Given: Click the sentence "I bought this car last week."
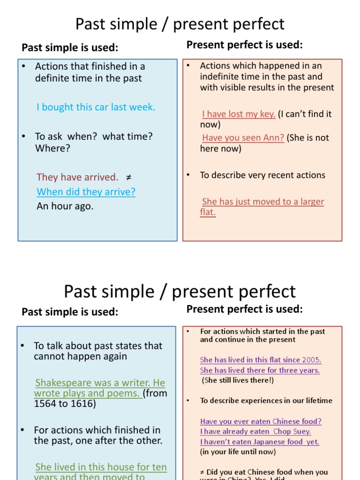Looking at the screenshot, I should pos(96,107).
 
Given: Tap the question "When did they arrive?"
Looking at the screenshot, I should pos(86,192).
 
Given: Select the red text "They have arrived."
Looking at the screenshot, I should pos(77,177).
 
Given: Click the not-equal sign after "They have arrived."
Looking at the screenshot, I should pos(129,177).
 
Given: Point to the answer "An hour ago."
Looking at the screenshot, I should pos(65,206).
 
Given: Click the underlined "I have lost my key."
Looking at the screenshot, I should pos(239,114).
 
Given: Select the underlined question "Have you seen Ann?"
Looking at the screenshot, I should pos(243,138).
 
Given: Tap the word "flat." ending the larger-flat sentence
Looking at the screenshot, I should pos(208,212).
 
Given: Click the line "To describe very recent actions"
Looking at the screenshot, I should pos(262,175).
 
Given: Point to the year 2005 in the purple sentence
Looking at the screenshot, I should pos(311,360).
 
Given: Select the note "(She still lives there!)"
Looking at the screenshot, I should pos(238,380).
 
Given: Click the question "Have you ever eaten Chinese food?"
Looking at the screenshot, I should pos(261,421).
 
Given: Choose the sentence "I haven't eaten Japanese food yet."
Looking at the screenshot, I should pos(260,442).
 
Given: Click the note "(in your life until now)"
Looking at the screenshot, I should pos(238,452).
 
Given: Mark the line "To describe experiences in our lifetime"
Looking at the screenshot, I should pos(266,401).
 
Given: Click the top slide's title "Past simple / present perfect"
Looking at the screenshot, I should pos(180,24).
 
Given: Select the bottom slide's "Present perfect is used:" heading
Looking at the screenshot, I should pos(245,309).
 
